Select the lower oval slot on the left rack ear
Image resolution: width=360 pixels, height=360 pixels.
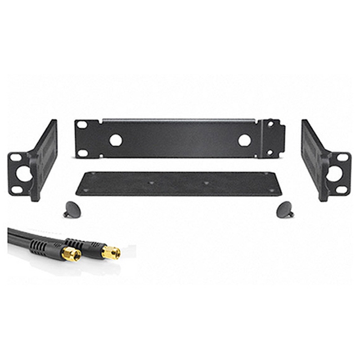click(x=17, y=190)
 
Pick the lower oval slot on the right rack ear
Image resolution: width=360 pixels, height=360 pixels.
click(x=342, y=189)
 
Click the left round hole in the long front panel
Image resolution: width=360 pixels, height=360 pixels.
click(x=116, y=140)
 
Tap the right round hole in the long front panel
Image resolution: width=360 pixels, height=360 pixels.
click(x=244, y=140)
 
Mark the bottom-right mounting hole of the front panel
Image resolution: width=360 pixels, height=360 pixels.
click(x=271, y=152)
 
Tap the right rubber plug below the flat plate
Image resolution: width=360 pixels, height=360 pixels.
click(x=284, y=210)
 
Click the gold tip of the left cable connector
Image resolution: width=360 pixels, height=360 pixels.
click(x=72, y=255)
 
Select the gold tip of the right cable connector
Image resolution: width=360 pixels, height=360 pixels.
click(x=111, y=252)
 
